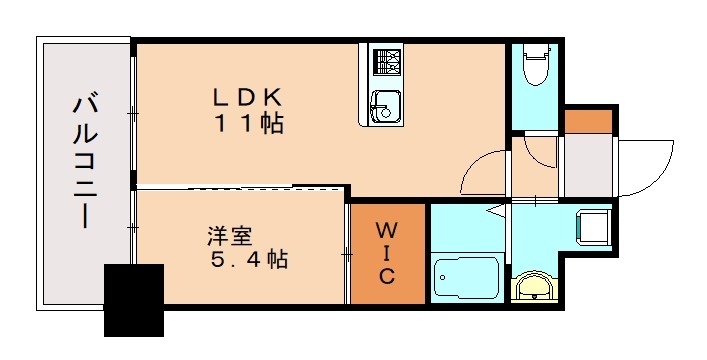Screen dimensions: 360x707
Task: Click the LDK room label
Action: (250, 98)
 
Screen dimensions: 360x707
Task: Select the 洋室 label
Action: (229, 237)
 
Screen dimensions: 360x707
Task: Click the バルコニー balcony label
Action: (86, 160)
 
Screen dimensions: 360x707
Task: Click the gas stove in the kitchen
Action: (385, 63)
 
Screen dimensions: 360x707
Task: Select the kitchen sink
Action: (385, 106)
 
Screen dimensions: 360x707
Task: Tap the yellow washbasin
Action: (533, 288)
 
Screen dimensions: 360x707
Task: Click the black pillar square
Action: (134, 299)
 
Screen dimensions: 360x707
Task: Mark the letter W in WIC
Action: (387, 231)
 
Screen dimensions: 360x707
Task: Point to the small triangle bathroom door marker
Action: (494, 210)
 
